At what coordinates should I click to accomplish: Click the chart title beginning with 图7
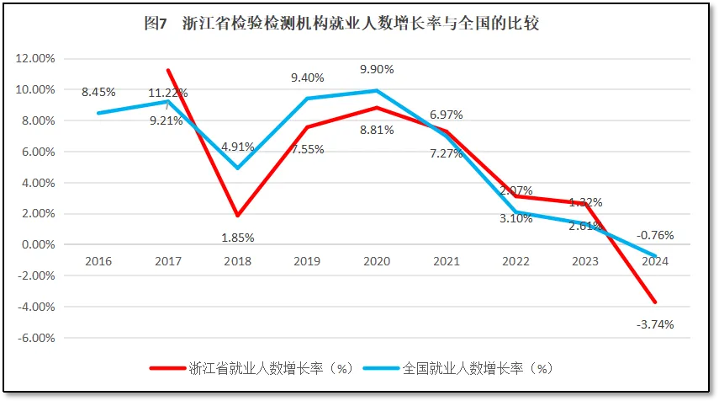[341, 24]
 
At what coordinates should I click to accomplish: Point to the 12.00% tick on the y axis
[36, 58]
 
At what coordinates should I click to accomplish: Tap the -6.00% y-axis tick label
[36, 338]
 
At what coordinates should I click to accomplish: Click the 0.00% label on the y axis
[38, 244]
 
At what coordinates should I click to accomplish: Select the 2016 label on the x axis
[99, 261]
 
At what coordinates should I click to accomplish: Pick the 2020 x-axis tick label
[377, 261]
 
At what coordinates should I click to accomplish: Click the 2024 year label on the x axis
[655, 261]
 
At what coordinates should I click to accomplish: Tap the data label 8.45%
[98, 92]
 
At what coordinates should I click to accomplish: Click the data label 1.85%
[238, 237]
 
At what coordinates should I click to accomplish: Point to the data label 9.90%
[377, 69]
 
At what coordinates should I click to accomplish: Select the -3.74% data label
[655, 323]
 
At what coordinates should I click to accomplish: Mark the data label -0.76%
[655, 235]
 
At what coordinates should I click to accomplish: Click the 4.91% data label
[238, 146]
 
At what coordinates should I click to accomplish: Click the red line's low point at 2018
[238, 216]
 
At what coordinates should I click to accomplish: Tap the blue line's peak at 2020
[377, 90]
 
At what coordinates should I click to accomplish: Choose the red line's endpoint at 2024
[655, 302]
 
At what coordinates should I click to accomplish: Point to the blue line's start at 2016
[99, 113]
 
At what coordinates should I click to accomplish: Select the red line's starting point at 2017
[168, 70]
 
